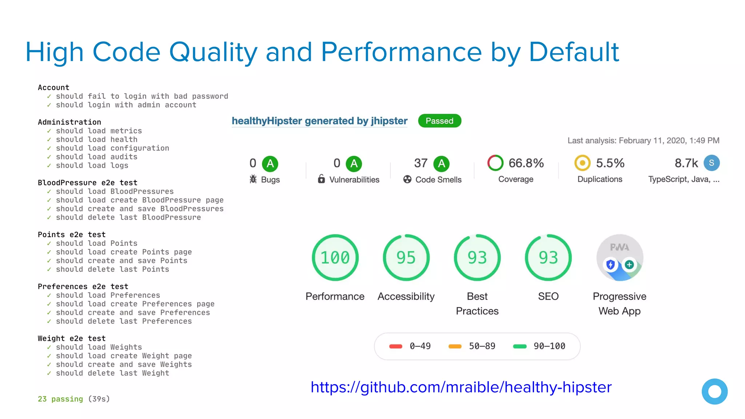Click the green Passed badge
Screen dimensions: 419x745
pos(439,121)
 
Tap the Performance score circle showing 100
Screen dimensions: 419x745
pos(335,258)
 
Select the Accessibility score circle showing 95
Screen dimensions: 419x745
pos(406,258)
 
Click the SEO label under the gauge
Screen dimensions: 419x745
pos(548,296)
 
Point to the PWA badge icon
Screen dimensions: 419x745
pos(619,258)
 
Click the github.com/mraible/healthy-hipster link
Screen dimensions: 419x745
pos(461,387)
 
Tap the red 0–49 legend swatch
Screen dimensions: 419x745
pos(395,346)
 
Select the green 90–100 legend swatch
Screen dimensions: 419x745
pos(519,346)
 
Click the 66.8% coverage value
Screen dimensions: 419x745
pos(526,163)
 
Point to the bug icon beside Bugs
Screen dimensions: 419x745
pos(253,179)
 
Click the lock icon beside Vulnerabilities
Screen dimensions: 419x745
pos(321,179)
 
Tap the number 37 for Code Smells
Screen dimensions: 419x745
pos(421,163)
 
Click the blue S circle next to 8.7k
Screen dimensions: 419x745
pos(711,163)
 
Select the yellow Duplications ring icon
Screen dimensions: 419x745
pos(582,163)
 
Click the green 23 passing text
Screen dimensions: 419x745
pos(60,399)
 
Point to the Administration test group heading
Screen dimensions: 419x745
pos(69,122)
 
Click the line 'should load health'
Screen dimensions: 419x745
pos(96,140)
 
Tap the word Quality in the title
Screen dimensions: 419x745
pos(213,52)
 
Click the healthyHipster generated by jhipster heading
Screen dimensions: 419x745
pos(319,121)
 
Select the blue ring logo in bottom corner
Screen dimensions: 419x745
pos(714,391)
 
